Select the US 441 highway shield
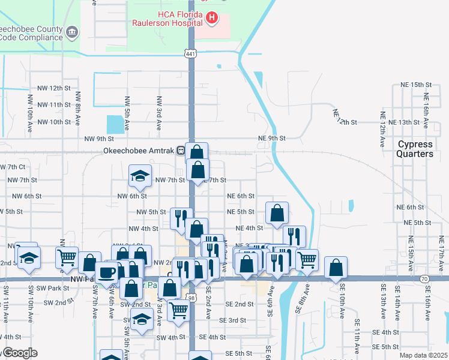(x=191, y=54)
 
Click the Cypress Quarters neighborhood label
(x=415, y=149)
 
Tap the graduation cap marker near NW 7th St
(x=140, y=176)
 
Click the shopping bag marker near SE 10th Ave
(x=336, y=268)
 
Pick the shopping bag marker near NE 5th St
(x=277, y=212)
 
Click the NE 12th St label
(x=345, y=118)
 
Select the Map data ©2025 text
(x=423, y=355)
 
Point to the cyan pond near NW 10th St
(x=115, y=124)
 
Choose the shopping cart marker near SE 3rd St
(x=179, y=310)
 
